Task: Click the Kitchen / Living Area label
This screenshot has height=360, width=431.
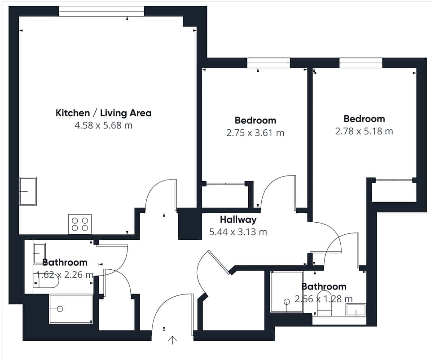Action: point(103,113)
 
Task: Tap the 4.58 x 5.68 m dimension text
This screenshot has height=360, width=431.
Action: point(103,125)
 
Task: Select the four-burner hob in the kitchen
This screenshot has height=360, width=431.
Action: point(80,224)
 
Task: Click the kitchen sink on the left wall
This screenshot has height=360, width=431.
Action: point(28,191)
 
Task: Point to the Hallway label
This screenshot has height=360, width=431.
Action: point(238,220)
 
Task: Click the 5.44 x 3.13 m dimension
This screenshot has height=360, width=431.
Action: point(238,232)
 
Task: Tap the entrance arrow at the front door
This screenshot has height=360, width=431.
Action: point(172,340)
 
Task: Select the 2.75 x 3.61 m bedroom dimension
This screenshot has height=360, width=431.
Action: point(255,133)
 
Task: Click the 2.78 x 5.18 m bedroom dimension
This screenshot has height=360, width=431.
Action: point(364,131)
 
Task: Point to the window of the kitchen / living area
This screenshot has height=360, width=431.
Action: point(101,12)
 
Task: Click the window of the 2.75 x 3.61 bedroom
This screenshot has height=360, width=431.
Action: point(268,63)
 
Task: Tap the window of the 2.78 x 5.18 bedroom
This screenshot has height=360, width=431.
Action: point(361,63)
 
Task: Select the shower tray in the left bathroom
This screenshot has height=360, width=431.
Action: point(71,309)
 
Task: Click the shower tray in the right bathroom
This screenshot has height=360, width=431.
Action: point(286,292)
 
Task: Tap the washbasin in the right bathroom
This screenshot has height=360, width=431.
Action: point(356,310)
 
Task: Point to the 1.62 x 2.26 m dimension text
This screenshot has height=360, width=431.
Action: point(65,275)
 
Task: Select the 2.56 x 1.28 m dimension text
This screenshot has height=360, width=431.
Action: point(323,299)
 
